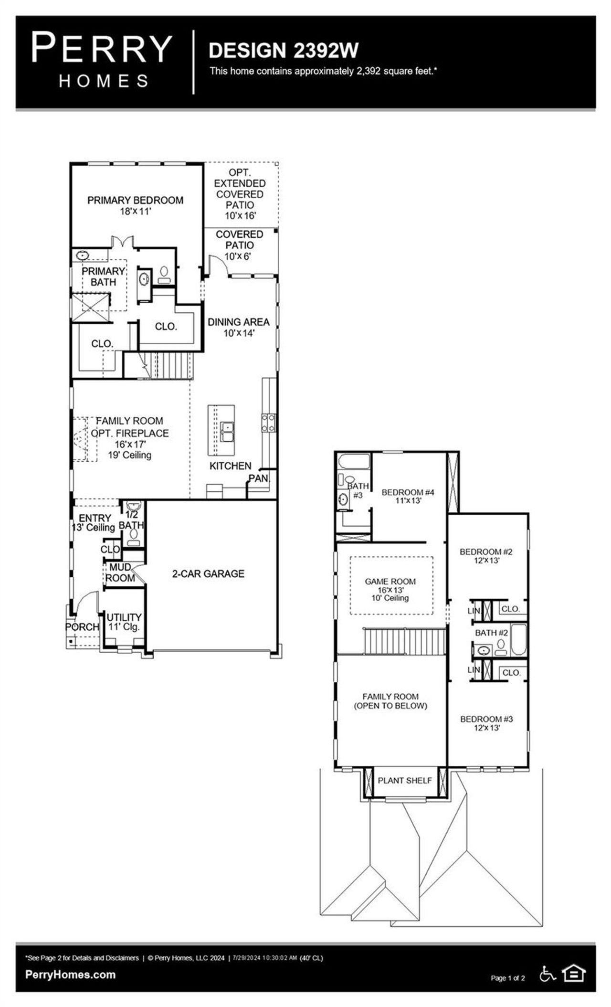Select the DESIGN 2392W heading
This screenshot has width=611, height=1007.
[284, 51]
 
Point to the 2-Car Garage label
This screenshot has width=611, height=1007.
[208, 574]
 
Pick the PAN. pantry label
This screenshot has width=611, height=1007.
[259, 478]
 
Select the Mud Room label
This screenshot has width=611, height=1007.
[120, 572]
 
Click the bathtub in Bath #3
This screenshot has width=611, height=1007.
[354, 462]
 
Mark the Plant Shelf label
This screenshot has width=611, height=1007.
[404, 781]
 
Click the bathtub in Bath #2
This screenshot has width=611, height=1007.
[518, 640]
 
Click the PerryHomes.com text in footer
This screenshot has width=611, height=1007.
[70, 975]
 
